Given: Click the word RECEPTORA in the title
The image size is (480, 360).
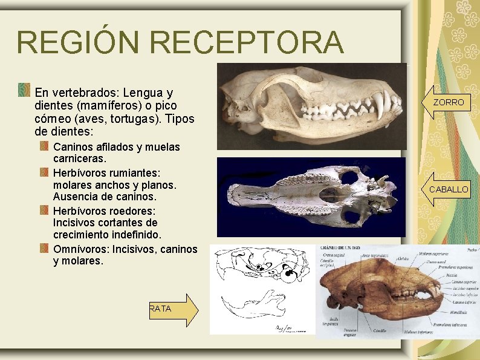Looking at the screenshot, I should (x=248, y=42).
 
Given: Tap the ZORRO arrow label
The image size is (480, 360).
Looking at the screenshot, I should (x=448, y=103).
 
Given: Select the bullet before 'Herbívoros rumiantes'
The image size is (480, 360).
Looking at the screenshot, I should (x=44, y=172).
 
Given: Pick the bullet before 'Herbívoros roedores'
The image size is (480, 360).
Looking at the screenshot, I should (x=44, y=210).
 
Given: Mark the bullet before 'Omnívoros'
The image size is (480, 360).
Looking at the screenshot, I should (x=44, y=248).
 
